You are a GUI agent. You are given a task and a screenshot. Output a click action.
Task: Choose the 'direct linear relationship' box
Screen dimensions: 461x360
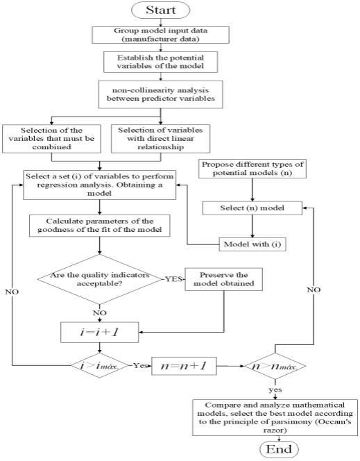click(155, 137)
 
